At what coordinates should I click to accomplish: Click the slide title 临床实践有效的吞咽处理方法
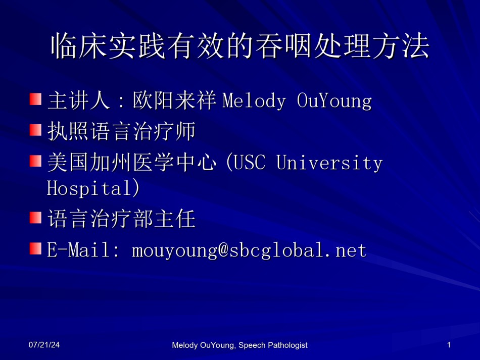240,46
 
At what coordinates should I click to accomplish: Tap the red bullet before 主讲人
35,99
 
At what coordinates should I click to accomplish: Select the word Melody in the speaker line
254,100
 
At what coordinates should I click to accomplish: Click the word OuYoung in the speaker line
334,100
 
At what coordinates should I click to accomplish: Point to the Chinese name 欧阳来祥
174,100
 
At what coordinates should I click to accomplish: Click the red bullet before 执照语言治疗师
35,130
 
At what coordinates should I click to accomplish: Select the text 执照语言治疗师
122,131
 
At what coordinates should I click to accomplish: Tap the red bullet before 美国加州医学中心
35,161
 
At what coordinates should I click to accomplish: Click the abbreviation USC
250,162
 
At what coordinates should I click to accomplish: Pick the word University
329,163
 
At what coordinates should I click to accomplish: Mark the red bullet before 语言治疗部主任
35,218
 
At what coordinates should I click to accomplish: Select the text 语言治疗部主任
122,219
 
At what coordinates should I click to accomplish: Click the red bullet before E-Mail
35,248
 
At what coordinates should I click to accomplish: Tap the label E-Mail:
83,249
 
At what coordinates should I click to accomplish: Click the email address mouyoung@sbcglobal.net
249,250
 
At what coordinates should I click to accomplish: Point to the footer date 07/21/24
44,345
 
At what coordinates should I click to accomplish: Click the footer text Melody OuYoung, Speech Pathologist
239,345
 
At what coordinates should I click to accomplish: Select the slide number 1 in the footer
449,345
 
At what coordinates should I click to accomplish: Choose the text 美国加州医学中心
132,162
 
